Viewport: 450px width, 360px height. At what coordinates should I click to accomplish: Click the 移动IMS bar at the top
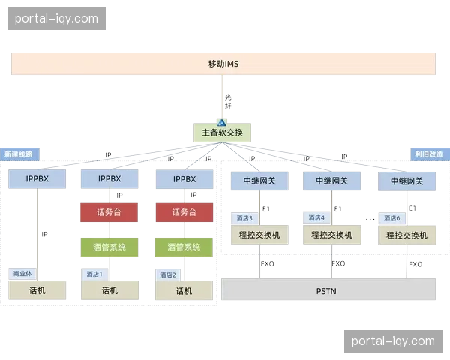point(223,64)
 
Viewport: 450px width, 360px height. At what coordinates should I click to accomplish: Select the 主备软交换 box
point(222,133)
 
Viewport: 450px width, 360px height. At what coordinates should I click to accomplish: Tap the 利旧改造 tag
point(428,154)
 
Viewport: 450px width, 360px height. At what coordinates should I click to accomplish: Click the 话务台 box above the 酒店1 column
point(109,212)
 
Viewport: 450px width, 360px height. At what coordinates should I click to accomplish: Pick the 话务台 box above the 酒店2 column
point(184,212)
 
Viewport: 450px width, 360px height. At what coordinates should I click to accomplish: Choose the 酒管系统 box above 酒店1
point(109,247)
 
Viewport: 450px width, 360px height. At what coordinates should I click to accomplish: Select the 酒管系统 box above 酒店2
point(184,247)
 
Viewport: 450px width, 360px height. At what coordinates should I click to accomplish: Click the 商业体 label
point(20,274)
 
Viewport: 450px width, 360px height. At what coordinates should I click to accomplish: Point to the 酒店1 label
point(94,274)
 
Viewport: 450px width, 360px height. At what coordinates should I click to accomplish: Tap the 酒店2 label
point(168,274)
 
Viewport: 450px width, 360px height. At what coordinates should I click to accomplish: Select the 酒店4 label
point(316,218)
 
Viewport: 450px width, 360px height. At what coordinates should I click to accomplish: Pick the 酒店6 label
point(391,218)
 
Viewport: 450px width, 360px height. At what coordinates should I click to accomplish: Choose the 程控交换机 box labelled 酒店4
point(331,235)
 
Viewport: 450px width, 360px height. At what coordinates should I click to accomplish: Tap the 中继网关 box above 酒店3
point(259,181)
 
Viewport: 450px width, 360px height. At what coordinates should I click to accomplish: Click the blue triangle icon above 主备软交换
point(222,121)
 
